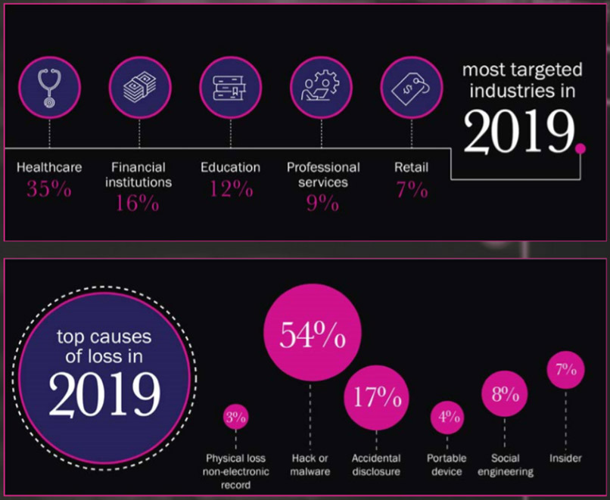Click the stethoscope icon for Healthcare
click(49, 86)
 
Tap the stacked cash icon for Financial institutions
click(140, 86)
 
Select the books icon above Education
click(230, 86)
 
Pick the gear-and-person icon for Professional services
click(321, 86)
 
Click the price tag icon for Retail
click(411, 86)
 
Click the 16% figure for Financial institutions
click(138, 203)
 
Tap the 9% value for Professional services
click(322, 203)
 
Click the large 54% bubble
click(310, 335)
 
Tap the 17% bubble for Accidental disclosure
click(377, 396)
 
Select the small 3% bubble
click(235, 417)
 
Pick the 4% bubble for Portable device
click(447, 417)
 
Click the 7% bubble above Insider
click(566, 370)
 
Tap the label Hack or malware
click(310, 464)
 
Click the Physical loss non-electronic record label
click(235, 470)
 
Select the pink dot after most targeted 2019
click(580, 148)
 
